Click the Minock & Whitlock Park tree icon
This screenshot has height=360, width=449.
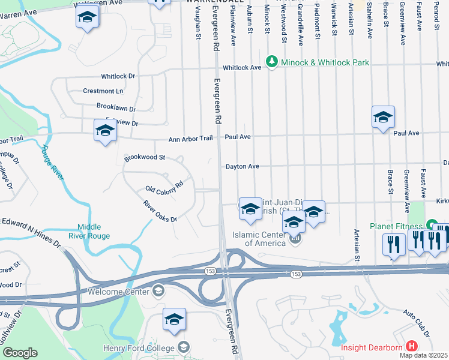[x=272, y=62]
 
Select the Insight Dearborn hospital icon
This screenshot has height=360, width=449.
[x=412, y=347]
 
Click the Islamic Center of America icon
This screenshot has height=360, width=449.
[x=295, y=239]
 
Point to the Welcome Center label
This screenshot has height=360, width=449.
[x=118, y=292]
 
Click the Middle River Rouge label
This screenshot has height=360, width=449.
[x=94, y=231]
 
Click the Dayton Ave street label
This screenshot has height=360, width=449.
[x=242, y=166]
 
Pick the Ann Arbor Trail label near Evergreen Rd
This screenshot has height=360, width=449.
[x=190, y=139]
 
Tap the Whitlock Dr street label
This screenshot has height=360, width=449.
[x=118, y=77]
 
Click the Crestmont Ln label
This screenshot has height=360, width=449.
[x=103, y=91]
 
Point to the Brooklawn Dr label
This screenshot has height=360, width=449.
[x=116, y=107]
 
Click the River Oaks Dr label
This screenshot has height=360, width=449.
[x=160, y=211]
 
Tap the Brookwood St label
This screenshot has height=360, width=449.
[x=145, y=158]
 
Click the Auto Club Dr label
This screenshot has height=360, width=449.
[x=417, y=323]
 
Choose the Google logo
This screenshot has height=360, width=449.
[x=20, y=352]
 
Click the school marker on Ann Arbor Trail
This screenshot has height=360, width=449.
[x=105, y=131]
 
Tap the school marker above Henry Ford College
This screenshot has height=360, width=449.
[x=174, y=320]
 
